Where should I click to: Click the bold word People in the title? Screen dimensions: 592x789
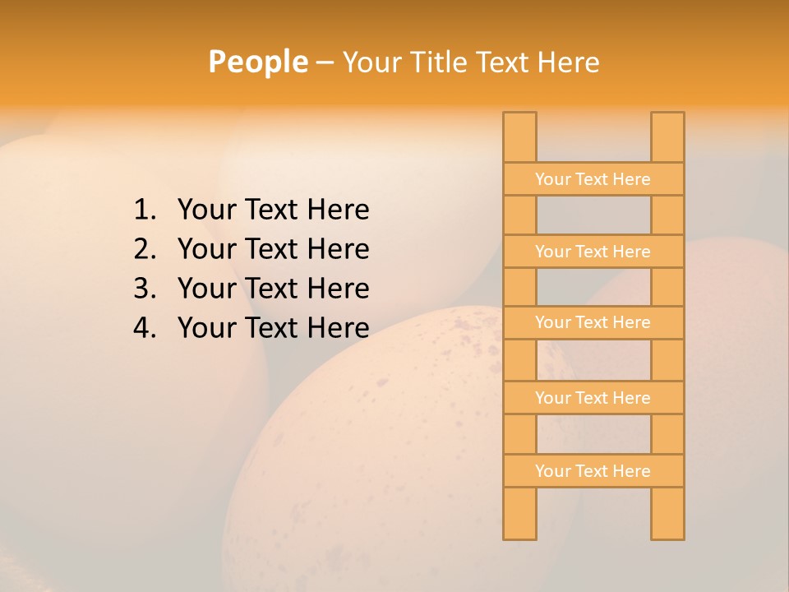pos(257,62)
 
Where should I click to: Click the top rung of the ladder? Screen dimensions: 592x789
pos(593,179)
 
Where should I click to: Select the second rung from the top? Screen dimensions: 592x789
pos(593,252)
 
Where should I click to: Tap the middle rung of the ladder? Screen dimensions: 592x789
pos(593,323)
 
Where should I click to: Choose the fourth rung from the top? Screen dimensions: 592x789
pos(593,398)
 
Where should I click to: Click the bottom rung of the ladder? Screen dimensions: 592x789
pos(593,471)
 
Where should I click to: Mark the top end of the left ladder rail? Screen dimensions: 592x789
pos(519,115)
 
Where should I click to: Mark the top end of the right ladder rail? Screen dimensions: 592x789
pos(667,115)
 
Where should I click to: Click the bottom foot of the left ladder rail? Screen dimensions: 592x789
pos(519,535)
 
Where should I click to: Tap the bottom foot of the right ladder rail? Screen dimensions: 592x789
pos(667,535)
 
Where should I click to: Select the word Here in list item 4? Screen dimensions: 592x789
pos(338,329)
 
